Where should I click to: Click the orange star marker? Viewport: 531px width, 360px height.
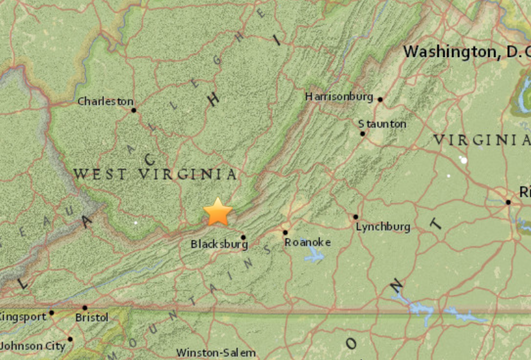point(218,212)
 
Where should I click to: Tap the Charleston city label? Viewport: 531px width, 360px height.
point(105,102)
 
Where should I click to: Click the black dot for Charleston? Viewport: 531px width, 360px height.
point(133,110)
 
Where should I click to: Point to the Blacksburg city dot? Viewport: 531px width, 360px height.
point(243,237)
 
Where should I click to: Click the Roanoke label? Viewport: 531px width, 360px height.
point(308,242)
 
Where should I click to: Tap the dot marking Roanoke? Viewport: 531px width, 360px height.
point(285,232)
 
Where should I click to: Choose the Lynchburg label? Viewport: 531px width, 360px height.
point(383,227)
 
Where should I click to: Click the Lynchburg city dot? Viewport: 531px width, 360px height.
point(355,217)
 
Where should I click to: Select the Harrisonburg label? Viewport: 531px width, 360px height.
point(339,97)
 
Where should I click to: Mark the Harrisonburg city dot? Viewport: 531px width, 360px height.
point(380,99)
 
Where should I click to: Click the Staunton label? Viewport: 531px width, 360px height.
point(382,124)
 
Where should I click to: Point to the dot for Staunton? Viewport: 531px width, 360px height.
point(362,134)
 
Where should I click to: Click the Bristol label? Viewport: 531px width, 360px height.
point(92,317)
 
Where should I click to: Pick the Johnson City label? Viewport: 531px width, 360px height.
point(33,346)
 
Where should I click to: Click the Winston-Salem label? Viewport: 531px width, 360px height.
point(216,353)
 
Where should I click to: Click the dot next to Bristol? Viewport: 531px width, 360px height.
point(85,308)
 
